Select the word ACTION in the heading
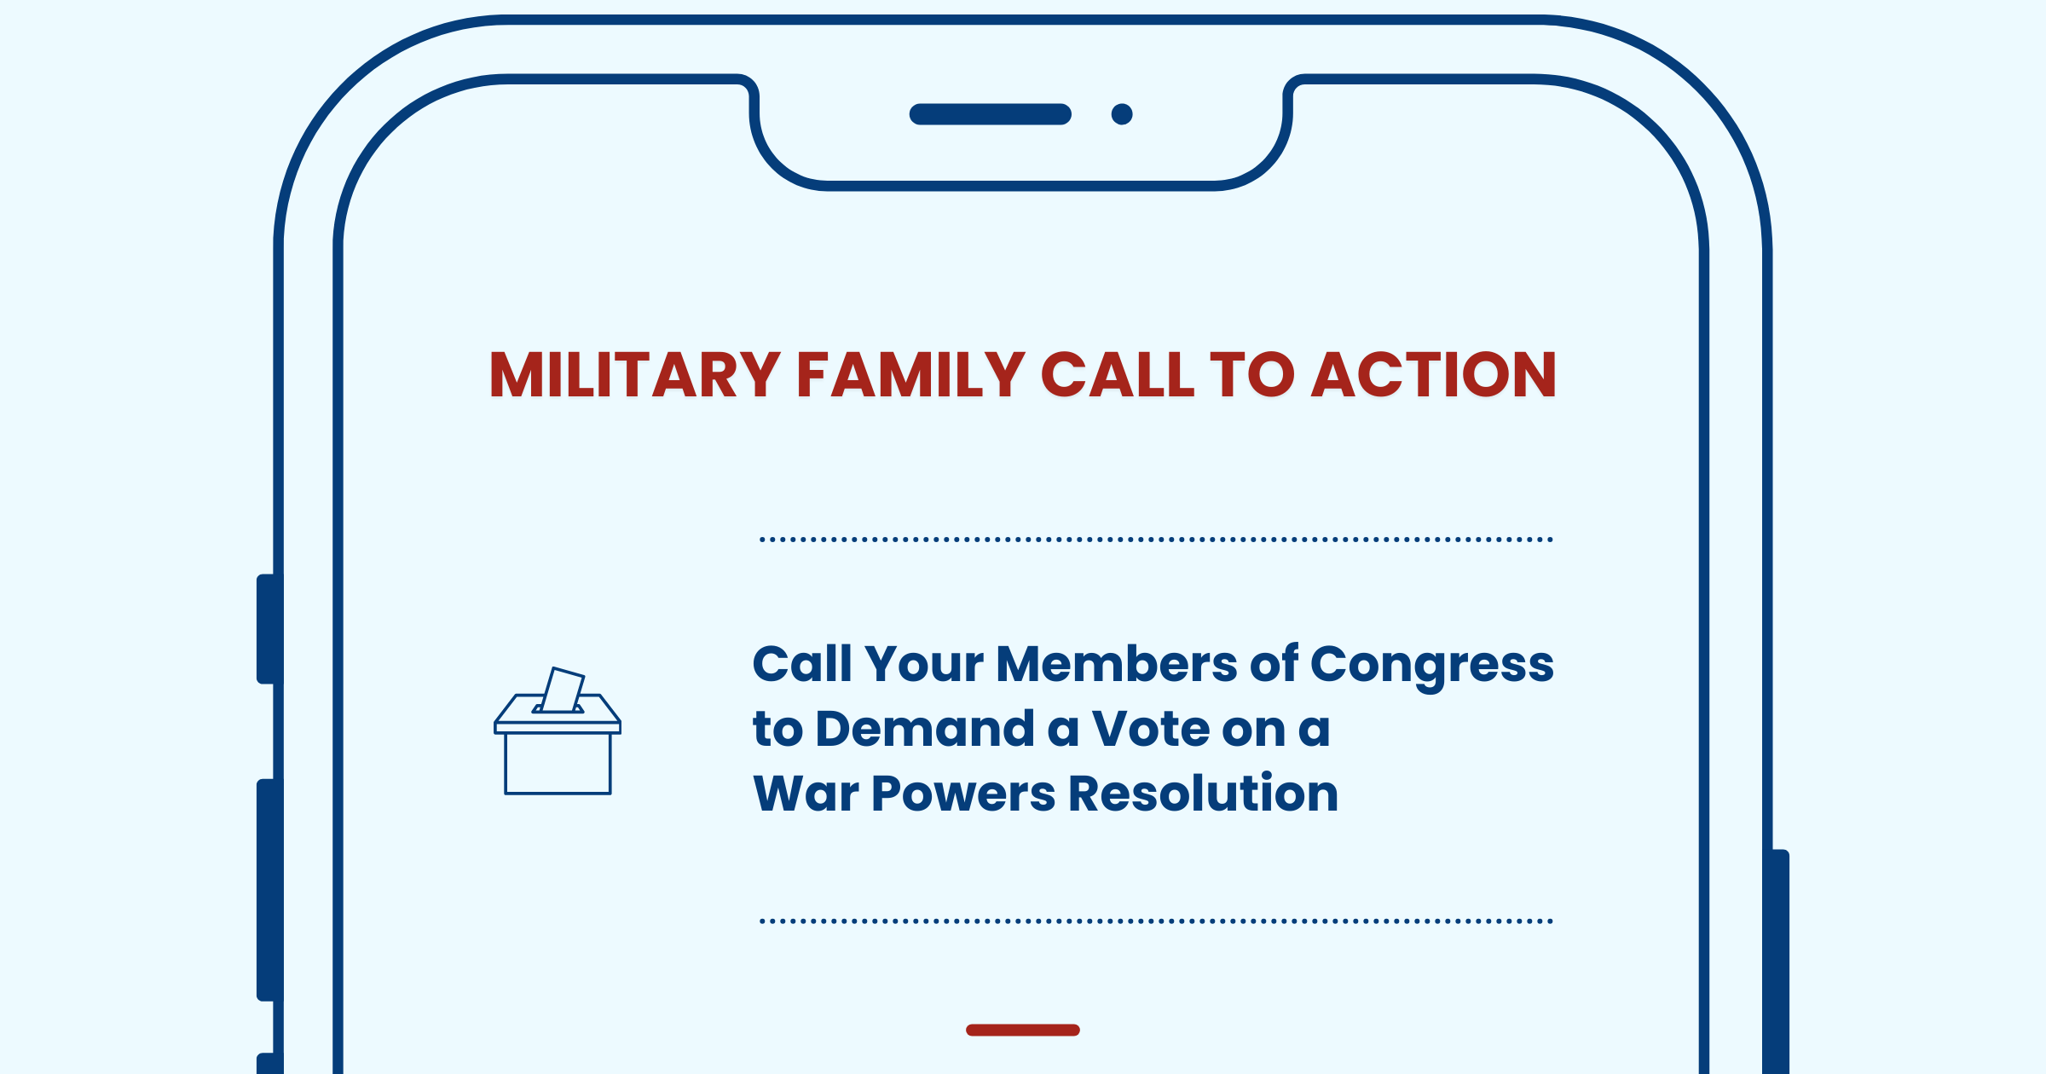point(1434,375)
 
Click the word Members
point(1117,664)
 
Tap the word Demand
point(924,730)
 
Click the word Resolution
point(1203,794)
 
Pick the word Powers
point(963,794)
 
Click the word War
point(806,794)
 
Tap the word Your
point(924,665)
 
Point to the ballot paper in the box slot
point(563,690)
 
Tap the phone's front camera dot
point(1122,114)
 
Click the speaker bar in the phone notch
point(991,114)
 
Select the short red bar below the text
point(1023,1030)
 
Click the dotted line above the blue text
point(1156,540)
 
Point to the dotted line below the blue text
point(1156,921)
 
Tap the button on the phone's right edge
point(1780,961)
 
